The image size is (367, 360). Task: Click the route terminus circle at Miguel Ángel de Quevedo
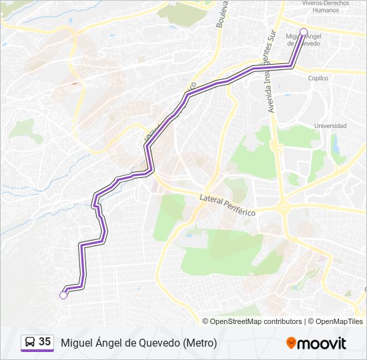[x=304, y=32]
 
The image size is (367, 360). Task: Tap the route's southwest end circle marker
[x=63, y=295]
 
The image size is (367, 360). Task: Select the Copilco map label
[x=318, y=78]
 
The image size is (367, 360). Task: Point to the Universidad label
[x=330, y=126]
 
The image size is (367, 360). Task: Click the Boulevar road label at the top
[x=222, y=15]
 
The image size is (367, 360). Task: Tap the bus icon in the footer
[x=30, y=343]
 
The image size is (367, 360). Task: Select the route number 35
[x=45, y=342]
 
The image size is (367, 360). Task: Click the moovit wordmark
[x=322, y=343]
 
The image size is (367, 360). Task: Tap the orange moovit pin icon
[x=291, y=343]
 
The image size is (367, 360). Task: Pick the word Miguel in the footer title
[x=76, y=343]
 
